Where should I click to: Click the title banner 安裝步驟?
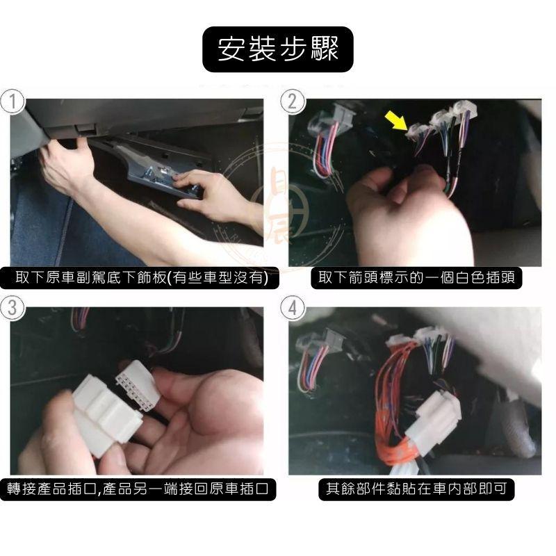[278, 50]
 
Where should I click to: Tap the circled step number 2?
[293, 102]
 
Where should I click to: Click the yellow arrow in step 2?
[397, 122]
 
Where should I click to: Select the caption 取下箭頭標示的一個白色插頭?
[416, 279]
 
